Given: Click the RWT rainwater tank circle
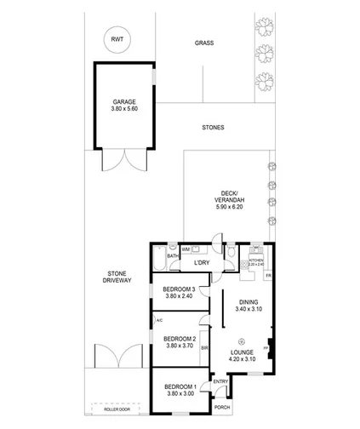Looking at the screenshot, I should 117,38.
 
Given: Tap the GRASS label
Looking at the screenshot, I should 203,43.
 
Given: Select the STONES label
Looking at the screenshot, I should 213,128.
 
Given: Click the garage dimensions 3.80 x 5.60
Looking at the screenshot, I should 124,108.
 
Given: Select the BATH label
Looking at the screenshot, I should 172,255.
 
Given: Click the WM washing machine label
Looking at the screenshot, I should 185,249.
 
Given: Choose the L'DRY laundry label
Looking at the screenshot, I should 202,263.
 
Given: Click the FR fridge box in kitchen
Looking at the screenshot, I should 267,277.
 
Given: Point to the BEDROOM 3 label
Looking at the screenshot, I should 180,290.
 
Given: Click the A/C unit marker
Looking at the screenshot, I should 159,321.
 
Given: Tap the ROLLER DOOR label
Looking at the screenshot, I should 117,409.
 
